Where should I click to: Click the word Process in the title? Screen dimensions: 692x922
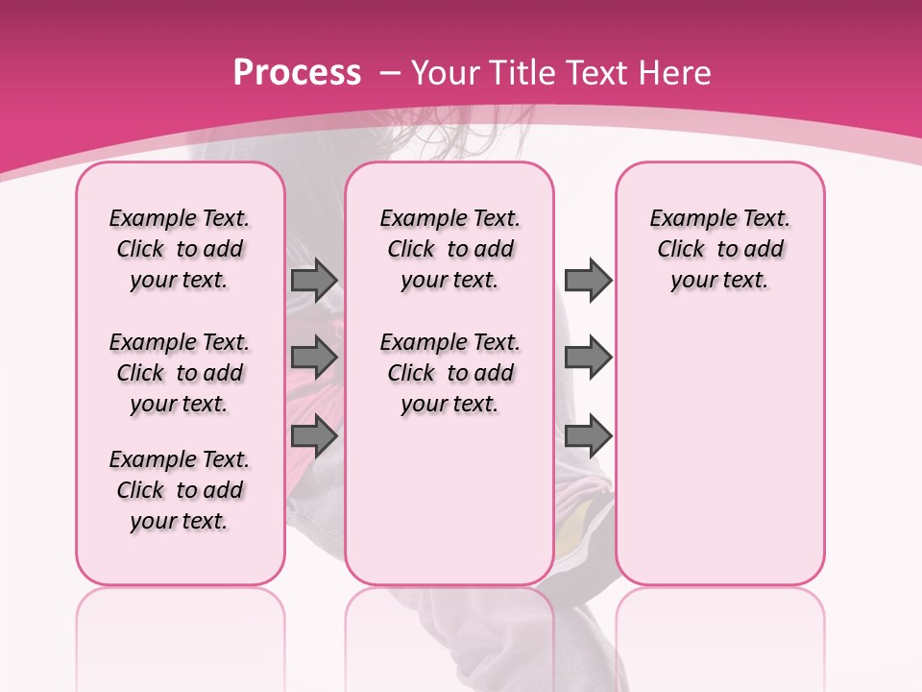point(297,72)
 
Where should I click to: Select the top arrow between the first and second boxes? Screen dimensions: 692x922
point(314,280)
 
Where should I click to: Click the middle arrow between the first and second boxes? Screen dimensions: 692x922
point(314,358)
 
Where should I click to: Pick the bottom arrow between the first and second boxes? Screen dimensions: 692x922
point(314,436)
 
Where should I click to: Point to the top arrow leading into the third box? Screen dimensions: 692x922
point(588,280)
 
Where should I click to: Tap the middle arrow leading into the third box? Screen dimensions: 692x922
point(588,358)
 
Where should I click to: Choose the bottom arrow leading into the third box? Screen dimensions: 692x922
point(588,436)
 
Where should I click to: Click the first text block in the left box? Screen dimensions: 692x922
point(180,249)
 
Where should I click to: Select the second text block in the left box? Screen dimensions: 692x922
point(180,373)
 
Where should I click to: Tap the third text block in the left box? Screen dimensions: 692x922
point(180,490)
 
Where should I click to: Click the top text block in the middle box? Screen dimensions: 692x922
point(449,249)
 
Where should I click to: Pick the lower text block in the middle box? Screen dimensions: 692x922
point(449,373)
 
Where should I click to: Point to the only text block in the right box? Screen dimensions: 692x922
point(719,249)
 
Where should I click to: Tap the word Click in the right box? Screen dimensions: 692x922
point(681,250)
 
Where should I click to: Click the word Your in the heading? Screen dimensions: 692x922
point(446,72)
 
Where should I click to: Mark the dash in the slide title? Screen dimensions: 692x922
point(391,73)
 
